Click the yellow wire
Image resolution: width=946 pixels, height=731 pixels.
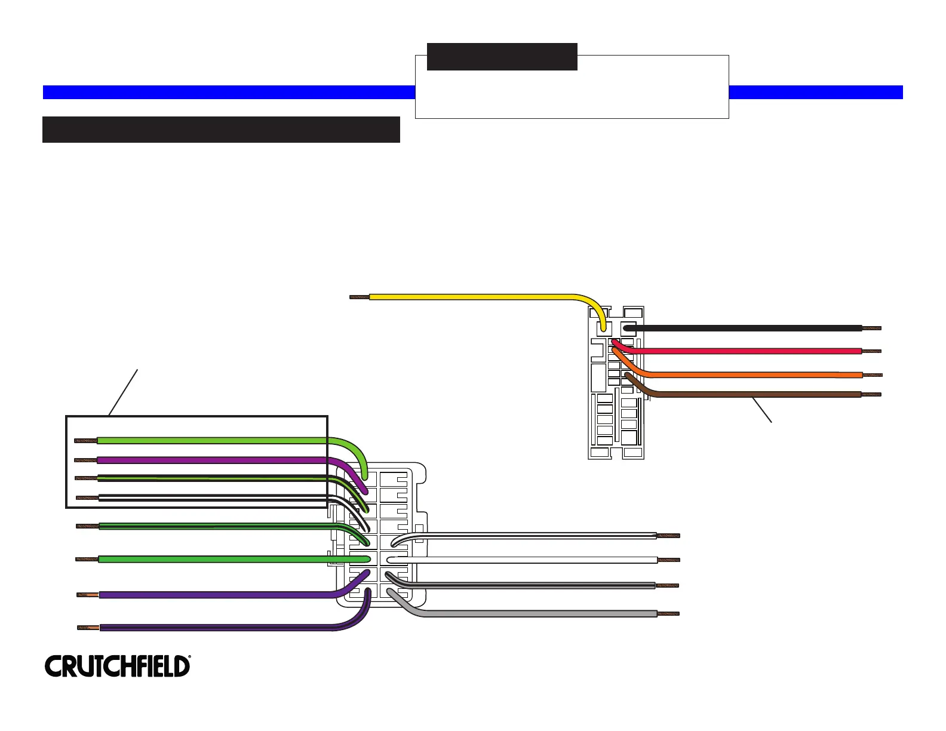[x=479, y=297]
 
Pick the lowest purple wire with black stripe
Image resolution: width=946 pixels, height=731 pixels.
[x=226, y=627]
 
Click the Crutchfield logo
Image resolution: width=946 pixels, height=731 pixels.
[x=118, y=666]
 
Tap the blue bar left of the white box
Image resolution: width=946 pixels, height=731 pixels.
[x=229, y=93]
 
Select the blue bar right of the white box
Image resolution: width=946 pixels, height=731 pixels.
[x=816, y=93]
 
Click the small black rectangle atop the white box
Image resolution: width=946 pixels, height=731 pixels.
[x=502, y=57]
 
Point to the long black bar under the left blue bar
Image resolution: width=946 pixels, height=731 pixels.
[x=221, y=130]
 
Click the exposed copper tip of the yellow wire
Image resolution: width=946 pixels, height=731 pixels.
[x=360, y=297]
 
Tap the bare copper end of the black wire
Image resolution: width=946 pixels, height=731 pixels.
[x=871, y=328]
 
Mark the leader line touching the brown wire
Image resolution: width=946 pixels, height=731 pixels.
[x=762, y=410]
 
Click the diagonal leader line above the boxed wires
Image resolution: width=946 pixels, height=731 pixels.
[x=123, y=392]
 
